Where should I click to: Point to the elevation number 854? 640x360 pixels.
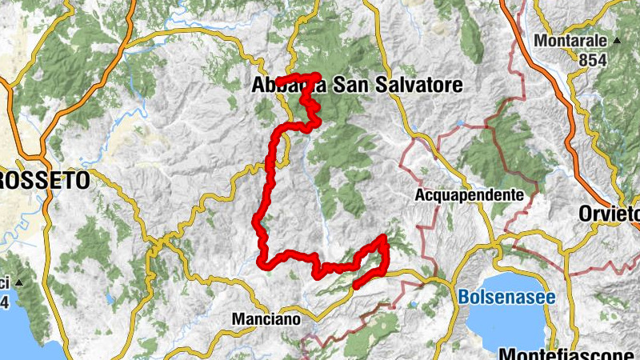[x=593, y=59]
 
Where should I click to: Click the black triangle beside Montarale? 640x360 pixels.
[x=618, y=40]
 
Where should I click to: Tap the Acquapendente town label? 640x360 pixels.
[x=470, y=194]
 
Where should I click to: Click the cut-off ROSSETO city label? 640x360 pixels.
[x=44, y=181]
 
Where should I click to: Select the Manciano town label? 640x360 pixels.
[x=266, y=318]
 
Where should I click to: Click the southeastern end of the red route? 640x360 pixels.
[x=355, y=285]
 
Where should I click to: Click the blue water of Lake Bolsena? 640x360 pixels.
[x=512, y=324]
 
